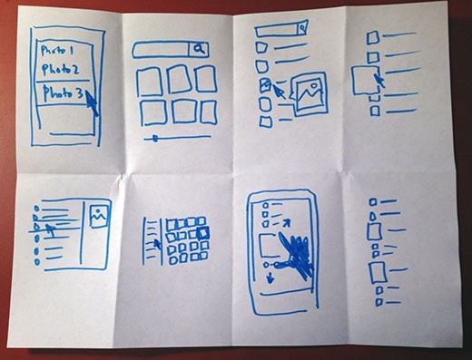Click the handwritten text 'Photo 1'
tap(60, 49)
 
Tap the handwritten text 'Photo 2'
tap(61, 70)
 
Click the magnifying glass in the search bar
tap(200, 50)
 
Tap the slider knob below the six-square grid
tap(155, 138)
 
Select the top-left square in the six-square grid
tap(149, 82)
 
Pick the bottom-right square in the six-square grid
tap(209, 111)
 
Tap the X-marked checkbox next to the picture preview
tap(265, 84)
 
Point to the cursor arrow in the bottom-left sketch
tap(53, 229)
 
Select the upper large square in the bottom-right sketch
tap(374, 232)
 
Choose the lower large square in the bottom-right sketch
tap(377, 272)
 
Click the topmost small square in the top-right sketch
tap(372, 37)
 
